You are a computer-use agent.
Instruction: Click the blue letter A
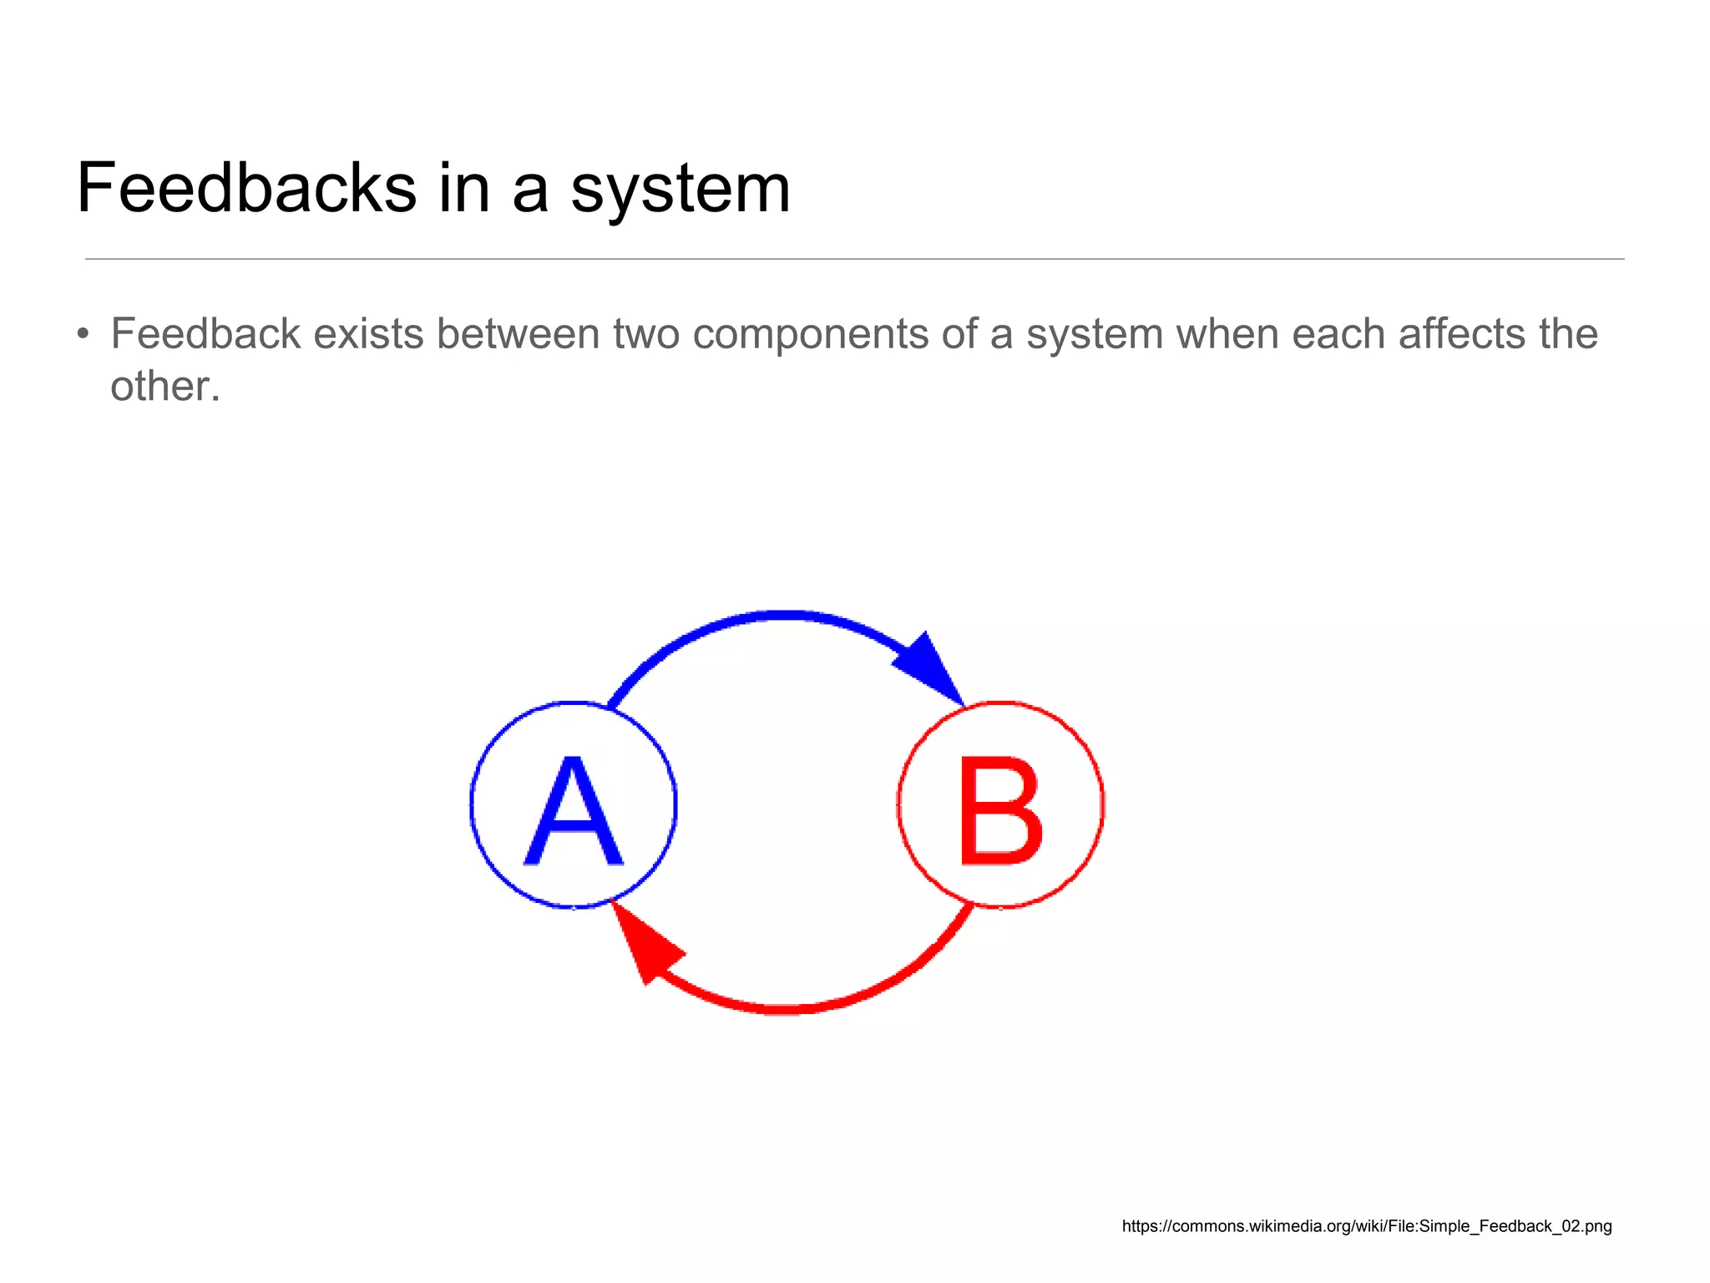click(574, 810)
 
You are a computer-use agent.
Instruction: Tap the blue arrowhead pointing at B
click(930, 667)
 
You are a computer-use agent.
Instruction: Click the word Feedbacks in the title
click(246, 188)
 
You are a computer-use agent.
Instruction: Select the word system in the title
click(680, 190)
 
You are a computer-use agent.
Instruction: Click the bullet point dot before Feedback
click(82, 335)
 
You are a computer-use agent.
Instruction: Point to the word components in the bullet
click(810, 335)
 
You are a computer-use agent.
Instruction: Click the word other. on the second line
click(165, 387)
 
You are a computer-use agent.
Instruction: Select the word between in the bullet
click(518, 334)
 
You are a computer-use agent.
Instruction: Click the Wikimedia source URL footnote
click(1366, 1226)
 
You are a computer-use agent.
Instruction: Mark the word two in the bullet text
click(646, 335)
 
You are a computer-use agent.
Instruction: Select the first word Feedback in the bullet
click(205, 334)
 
